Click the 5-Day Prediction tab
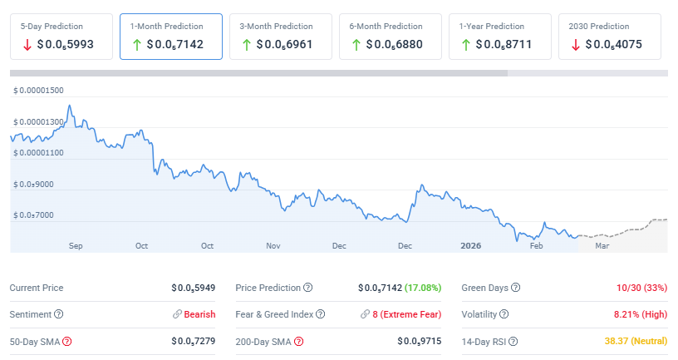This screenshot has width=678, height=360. (61, 36)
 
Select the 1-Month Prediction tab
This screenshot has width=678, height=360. (171, 36)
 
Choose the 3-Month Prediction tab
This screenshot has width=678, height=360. (281, 36)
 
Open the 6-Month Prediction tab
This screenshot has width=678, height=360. (391, 36)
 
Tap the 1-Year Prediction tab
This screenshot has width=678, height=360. (500, 36)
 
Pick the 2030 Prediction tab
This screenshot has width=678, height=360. (610, 36)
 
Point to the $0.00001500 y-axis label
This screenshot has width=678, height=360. (39, 90)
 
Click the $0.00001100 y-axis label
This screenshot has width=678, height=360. (39, 153)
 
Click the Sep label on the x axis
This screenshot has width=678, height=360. (76, 246)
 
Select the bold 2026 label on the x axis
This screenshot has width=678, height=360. (470, 246)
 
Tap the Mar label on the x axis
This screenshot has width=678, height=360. (602, 246)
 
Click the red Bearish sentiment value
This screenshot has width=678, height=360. (199, 314)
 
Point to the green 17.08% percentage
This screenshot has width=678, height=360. (423, 288)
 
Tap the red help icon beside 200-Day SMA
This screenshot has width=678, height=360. (298, 342)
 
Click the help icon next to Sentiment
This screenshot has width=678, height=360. (58, 314)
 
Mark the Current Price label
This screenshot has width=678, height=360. (37, 288)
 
